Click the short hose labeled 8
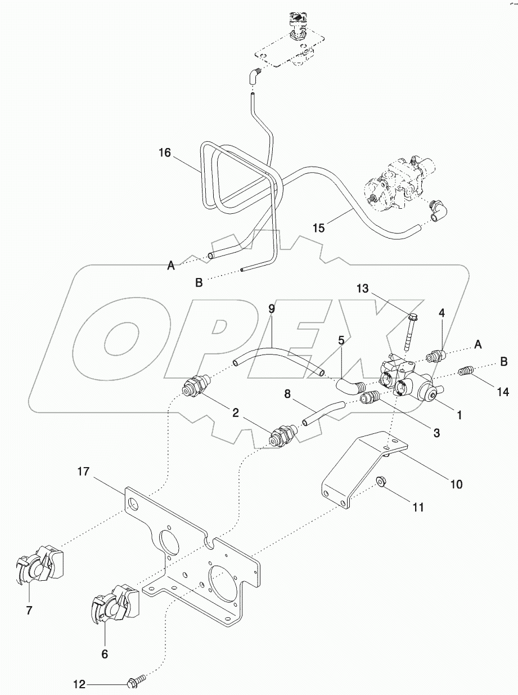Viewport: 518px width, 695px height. [x=321, y=412]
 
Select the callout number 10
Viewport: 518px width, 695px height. [x=456, y=483]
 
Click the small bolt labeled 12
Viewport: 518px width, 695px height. [x=137, y=683]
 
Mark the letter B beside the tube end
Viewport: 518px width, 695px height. [x=199, y=283]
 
